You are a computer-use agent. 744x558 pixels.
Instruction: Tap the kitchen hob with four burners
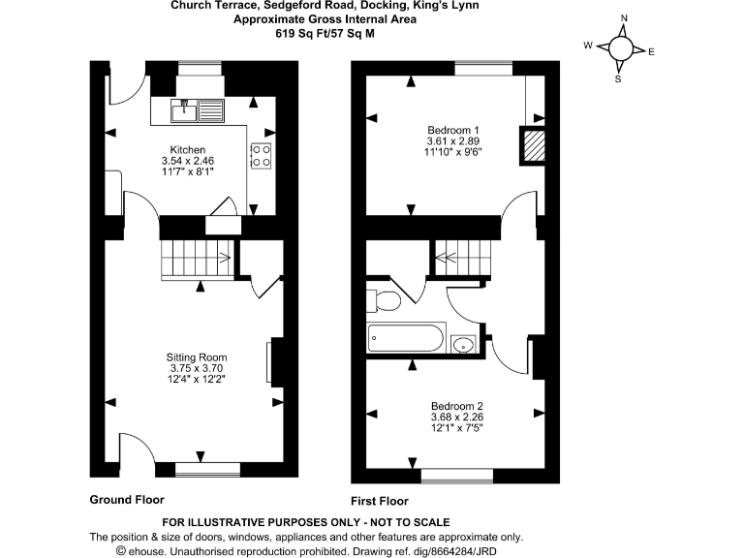coord(262,156)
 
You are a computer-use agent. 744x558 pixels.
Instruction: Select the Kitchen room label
coord(183,150)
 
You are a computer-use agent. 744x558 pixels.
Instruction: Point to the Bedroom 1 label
coord(454,130)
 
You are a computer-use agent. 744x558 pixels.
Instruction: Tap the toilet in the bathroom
coord(385,299)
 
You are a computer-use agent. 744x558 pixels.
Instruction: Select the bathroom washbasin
coord(461,344)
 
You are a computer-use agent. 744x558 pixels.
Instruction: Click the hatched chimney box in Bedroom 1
coord(534,145)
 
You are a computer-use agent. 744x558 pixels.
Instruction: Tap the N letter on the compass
coord(624,18)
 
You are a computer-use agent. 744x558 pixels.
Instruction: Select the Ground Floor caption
coord(127,500)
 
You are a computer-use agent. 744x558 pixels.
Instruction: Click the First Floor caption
coord(380,501)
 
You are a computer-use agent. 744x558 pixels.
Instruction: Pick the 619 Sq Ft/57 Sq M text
coord(325,33)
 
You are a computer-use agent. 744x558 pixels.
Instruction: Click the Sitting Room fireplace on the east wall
coord(270,363)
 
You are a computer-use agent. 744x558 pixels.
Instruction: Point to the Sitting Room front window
coord(207,469)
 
